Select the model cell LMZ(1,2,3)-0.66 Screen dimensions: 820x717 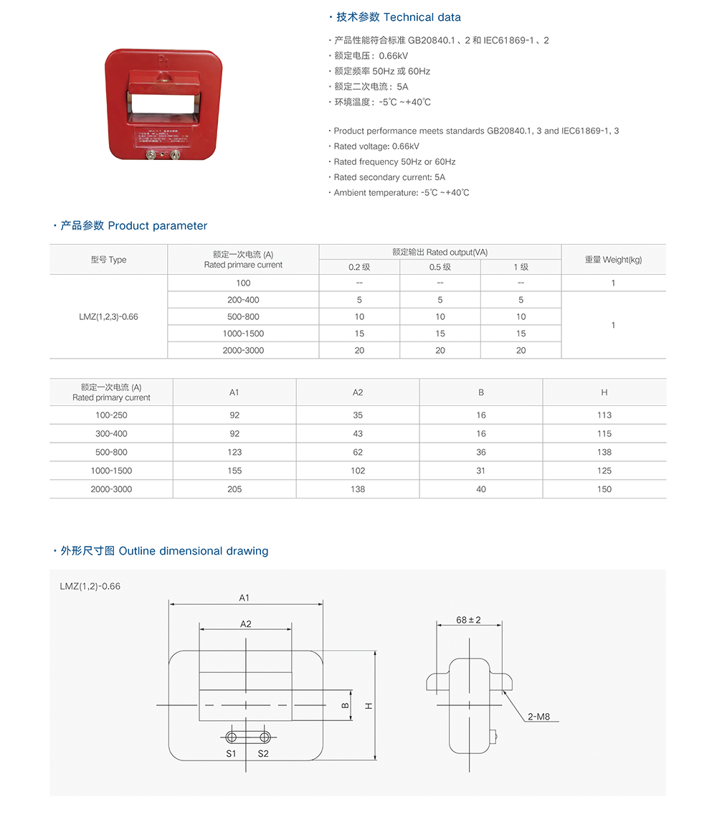[x=108, y=316]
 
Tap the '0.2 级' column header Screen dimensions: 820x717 [x=359, y=267]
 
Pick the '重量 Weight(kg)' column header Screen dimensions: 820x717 [x=613, y=260]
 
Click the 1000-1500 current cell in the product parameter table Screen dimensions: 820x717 [x=243, y=334]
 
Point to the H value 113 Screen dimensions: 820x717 [x=604, y=415]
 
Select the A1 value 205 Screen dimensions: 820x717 [x=234, y=489]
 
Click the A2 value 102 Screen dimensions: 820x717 [x=358, y=471]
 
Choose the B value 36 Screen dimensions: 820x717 [x=480, y=452]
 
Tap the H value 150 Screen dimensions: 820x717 [x=604, y=489]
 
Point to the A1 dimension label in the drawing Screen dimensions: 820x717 [x=244, y=598]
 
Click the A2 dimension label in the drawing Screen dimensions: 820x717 [x=246, y=624]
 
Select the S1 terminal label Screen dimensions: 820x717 [x=231, y=753]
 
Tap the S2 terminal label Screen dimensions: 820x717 [x=263, y=753]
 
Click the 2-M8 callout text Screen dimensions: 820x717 [x=538, y=717]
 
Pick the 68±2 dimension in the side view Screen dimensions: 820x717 [x=468, y=620]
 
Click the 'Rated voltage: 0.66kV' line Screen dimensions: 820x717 [x=376, y=146]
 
